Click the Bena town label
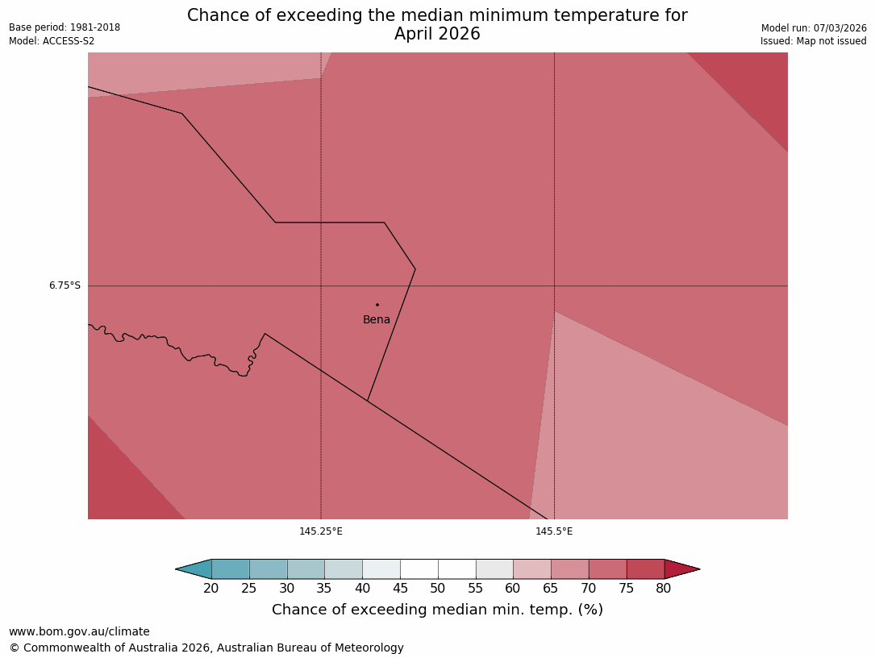tap(377, 320)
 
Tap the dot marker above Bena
tap(377, 305)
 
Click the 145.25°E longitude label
tap(321, 531)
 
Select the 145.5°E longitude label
tap(554, 531)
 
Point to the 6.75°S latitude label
tap(65, 285)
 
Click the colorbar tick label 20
tap(211, 589)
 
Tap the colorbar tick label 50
tap(438, 589)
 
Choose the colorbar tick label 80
tap(664, 589)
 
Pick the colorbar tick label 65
tap(551, 589)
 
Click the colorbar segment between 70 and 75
tap(607, 569)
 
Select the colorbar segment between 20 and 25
tap(231, 569)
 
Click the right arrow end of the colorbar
tap(681, 569)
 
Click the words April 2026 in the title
tap(437, 34)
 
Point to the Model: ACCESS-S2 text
tap(52, 41)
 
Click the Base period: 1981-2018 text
tap(65, 27)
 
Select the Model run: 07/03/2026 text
tap(814, 28)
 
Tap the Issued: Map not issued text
tap(813, 41)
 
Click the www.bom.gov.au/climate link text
tap(79, 632)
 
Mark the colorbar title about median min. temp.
tap(437, 610)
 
